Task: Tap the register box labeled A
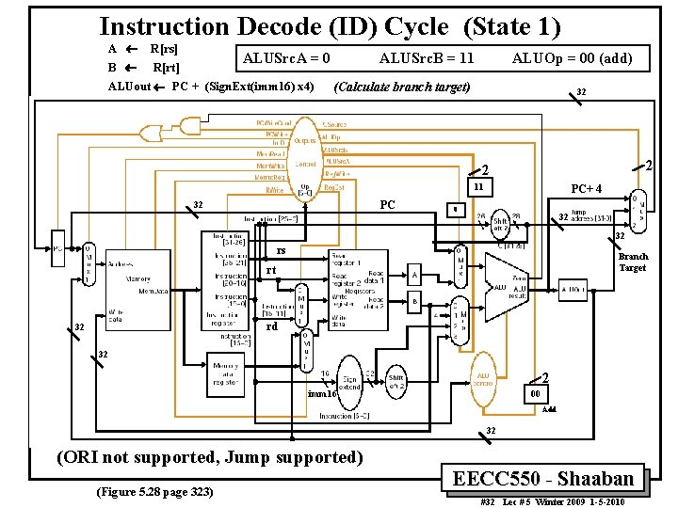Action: pyautogui.click(x=415, y=276)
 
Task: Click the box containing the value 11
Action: pyautogui.click(x=478, y=188)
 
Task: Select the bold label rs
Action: pyautogui.click(x=281, y=250)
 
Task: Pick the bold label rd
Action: pyautogui.click(x=271, y=327)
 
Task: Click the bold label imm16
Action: pyautogui.click(x=321, y=394)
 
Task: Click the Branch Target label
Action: pyautogui.click(x=633, y=262)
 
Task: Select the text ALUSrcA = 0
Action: pyautogui.click(x=286, y=58)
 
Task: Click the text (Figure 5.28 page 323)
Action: pyautogui.click(x=148, y=493)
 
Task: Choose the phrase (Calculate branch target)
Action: pyautogui.click(x=402, y=87)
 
